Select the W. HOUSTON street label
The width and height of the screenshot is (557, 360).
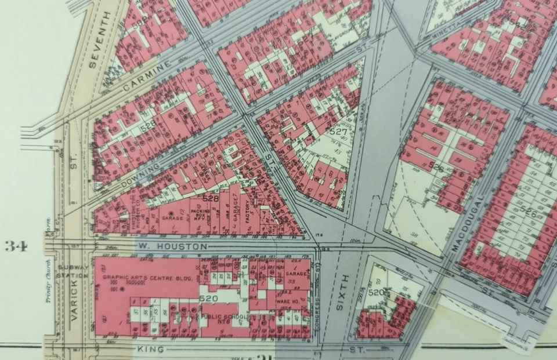[x=172, y=246]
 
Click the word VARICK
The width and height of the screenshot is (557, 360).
[x=74, y=304]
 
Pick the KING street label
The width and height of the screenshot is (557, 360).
[x=149, y=350]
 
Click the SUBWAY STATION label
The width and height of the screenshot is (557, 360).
[x=73, y=271]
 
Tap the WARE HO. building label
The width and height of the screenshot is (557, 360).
[x=287, y=301]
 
